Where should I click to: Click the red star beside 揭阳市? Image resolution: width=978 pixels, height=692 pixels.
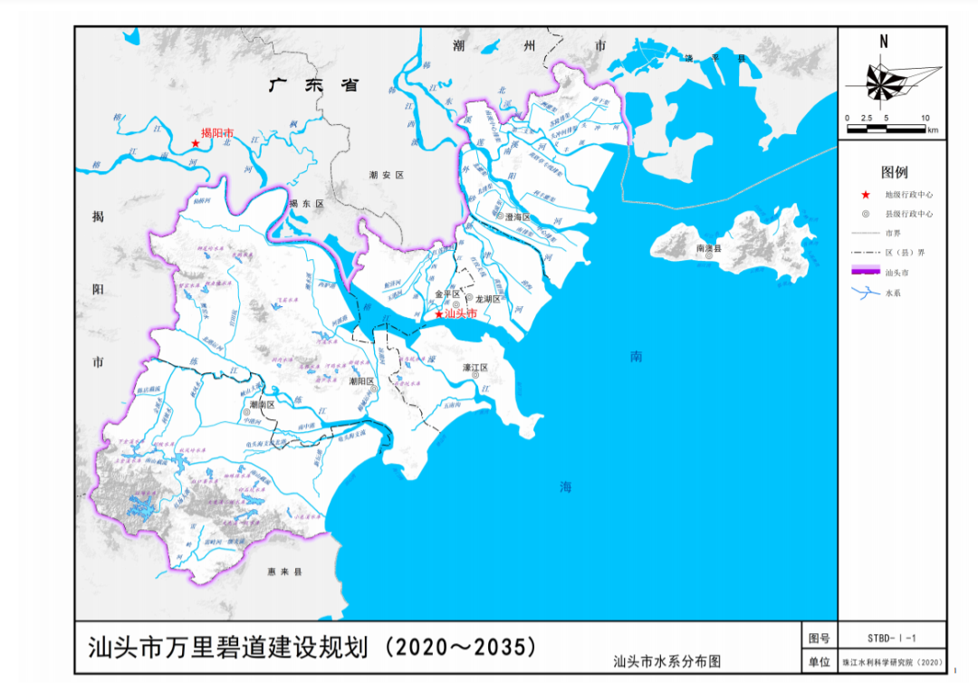195,143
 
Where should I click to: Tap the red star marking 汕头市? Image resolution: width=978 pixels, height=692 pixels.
439,314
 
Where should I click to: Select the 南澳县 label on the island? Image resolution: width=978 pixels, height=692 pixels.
709,247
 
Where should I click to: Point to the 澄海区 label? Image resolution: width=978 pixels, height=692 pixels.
517,216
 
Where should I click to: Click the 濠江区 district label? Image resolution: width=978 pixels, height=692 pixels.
475,368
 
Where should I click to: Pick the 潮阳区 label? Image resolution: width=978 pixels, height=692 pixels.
362,381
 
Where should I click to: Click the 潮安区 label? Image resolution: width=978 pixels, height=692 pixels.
384,174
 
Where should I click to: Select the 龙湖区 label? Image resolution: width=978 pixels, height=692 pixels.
488,298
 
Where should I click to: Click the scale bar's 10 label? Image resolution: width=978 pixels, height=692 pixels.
925,119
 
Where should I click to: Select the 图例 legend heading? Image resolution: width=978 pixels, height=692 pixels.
894,172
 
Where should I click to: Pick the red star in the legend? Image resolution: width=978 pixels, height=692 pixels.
866,195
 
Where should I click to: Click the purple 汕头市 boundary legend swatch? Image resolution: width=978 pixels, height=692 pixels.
866,270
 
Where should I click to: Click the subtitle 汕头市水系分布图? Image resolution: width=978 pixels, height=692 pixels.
666,661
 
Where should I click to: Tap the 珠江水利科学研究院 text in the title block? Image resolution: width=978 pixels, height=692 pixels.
892,663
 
